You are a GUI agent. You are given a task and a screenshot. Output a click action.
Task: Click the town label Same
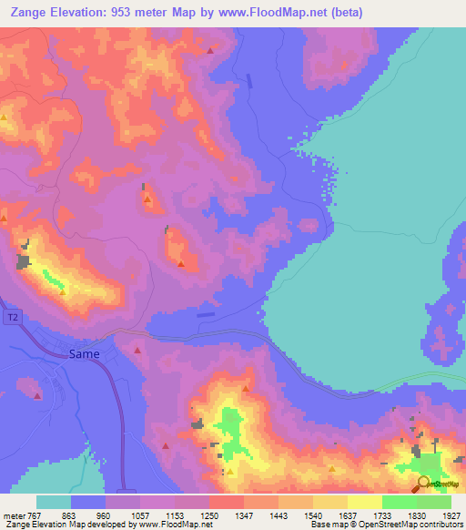(84, 354)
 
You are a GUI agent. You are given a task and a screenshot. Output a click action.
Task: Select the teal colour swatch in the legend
(54, 502)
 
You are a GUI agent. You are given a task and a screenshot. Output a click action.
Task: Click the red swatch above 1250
(227, 502)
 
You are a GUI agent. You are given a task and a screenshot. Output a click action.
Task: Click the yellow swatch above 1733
(365, 502)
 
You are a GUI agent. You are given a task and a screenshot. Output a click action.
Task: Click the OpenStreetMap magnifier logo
(424, 483)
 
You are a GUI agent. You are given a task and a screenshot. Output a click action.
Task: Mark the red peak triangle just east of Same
(137, 350)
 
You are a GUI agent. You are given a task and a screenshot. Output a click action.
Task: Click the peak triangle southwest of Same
(38, 394)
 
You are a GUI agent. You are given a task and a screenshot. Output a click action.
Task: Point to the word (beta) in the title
(345, 11)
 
